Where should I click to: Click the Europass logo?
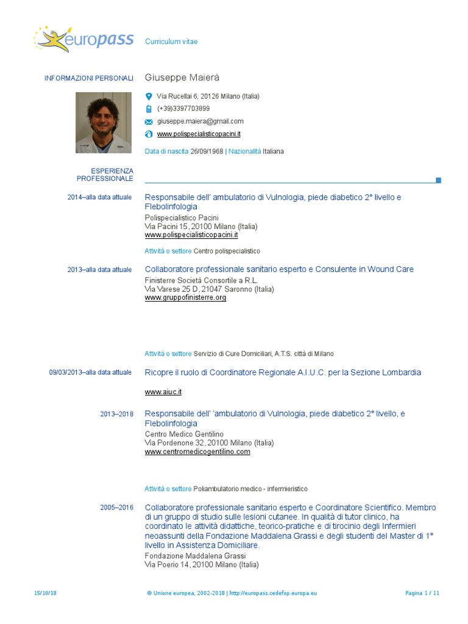(83, 40)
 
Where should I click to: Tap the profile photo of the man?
(104, 122)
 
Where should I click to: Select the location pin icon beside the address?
(149, 96)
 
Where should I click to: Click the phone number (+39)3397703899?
(183, 108)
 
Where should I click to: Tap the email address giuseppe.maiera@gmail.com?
(200, 121)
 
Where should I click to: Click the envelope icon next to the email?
(149, 122)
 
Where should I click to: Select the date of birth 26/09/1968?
(207, 151)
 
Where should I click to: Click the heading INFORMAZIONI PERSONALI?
(88, 78)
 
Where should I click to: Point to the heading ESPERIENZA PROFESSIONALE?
(105, 175)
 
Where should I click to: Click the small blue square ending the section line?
(438, 180)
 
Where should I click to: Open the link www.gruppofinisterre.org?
(185, 298)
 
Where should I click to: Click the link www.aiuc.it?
(163, 392)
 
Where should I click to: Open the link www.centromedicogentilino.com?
(197, 452)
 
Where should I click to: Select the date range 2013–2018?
(116, 414)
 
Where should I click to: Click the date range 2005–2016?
(116, 508)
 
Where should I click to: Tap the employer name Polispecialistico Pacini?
(181, 218)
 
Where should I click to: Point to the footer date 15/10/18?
(45, 593)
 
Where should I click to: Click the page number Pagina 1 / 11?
(422, 593)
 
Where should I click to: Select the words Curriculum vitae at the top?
(171, 41)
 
